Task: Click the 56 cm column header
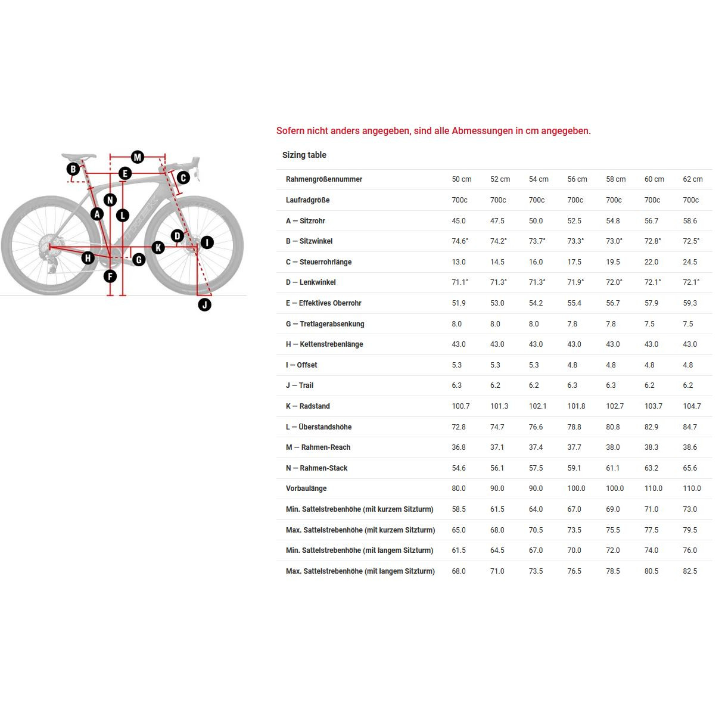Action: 577,179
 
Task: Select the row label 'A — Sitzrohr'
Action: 305,221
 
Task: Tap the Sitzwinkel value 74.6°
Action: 460,241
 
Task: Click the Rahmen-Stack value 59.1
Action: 574,468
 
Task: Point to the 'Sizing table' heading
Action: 304,155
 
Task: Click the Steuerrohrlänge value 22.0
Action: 651,262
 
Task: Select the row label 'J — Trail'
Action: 299,385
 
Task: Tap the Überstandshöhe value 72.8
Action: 459,427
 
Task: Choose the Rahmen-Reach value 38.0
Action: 613,447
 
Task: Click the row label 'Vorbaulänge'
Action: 306,488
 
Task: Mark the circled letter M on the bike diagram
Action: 138,157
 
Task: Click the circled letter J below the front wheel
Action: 204,305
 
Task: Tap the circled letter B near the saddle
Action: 73,169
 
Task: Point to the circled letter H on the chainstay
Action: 88,258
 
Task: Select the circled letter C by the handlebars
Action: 183,178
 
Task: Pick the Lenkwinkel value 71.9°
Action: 575,282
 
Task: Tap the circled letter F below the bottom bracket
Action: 110,276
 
